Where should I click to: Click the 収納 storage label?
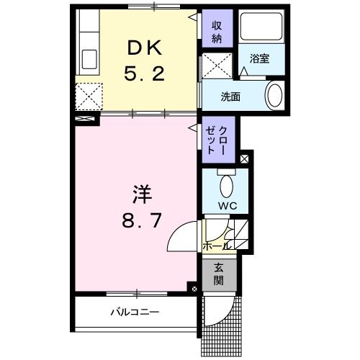217,30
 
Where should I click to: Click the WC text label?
228,206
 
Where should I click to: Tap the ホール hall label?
217,246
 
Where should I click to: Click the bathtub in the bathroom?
262,28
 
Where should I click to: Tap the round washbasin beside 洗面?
274,94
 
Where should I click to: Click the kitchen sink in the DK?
89,58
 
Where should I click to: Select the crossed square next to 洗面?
215,65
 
